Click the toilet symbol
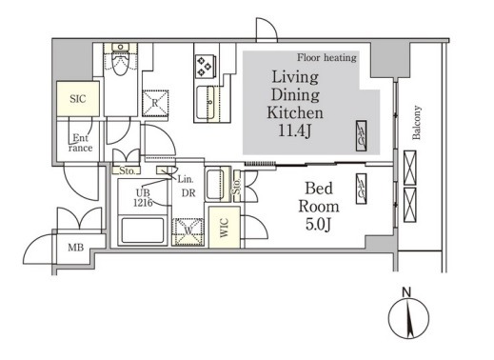120,59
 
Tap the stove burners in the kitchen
205,66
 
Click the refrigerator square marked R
155,103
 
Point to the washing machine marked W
188,231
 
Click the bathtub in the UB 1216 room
143,230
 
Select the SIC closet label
78,99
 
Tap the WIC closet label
225,228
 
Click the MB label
76,248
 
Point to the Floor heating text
326,57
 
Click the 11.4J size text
295,130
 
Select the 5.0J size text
319,225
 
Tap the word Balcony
417,123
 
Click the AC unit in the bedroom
362,189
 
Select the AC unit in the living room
362,135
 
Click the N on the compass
406,292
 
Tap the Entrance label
81,143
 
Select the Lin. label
186,179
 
